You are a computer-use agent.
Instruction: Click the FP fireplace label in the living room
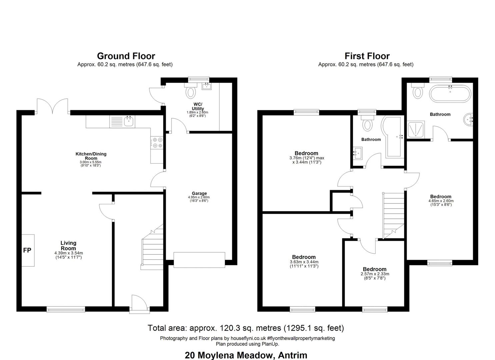(27, 250)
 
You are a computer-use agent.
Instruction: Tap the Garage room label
(199, 193)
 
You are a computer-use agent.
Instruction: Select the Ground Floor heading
(126, 56)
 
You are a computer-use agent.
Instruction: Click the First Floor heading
(367, 56)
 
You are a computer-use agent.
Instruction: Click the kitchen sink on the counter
(122, 122)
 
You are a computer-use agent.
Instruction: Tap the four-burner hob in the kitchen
(157, 143)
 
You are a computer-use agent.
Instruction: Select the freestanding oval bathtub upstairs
(450, 94)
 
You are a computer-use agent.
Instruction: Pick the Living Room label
(69, 246)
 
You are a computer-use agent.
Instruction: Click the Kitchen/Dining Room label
(91, 156)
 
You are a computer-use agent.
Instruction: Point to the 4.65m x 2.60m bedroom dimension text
(441, 203)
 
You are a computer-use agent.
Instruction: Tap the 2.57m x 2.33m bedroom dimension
(375, 276)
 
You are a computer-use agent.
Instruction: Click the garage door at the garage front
(199, 260)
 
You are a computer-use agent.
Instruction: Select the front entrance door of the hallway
(139, 304)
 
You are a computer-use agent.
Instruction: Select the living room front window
(66, 309)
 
